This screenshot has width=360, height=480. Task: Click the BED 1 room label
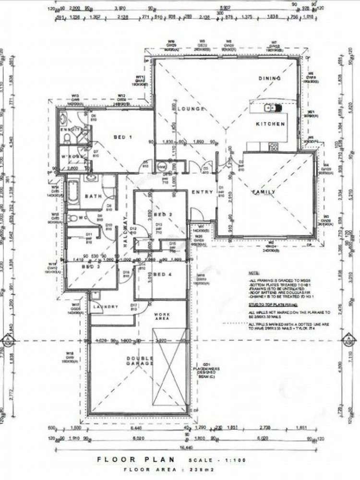coord(122,137)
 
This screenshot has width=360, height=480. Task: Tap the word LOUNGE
coord(191,109)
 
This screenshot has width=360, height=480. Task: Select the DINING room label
coord(269,78)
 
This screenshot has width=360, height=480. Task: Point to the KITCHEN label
coord(270,124)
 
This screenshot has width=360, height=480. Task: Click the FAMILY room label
coord(264,192)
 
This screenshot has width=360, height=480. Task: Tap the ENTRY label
coord(202,192)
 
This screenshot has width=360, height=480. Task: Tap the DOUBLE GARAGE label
coord(140,361)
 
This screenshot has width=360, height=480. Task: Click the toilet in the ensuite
coord(68,139)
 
